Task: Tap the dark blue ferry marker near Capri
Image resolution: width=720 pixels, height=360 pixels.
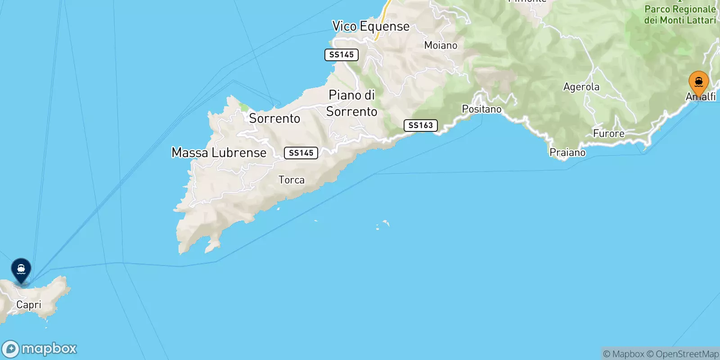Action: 21,270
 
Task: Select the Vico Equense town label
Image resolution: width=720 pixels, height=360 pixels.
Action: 371,27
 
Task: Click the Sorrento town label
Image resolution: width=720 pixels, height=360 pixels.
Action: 274,118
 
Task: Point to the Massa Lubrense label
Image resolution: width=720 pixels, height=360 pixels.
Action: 219,153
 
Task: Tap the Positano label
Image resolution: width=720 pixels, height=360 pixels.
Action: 481,109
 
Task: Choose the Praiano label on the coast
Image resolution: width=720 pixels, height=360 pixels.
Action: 567,153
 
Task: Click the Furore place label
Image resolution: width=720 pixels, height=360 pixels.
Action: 608,134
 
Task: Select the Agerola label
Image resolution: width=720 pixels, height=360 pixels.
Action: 581,87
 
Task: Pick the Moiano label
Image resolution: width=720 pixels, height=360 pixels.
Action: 441,45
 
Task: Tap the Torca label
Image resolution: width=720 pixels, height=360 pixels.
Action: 292,180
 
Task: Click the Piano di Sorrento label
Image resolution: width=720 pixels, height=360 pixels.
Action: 352,103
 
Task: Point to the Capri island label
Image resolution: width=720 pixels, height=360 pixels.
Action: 29,305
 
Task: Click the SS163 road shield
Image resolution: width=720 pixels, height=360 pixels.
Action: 421,126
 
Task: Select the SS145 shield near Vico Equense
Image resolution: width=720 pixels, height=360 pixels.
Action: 342,55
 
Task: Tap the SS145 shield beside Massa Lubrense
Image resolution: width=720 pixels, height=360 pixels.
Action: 301,153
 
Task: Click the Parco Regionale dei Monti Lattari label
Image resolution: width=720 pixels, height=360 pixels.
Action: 679,14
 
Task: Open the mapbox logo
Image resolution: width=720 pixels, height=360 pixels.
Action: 40,349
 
